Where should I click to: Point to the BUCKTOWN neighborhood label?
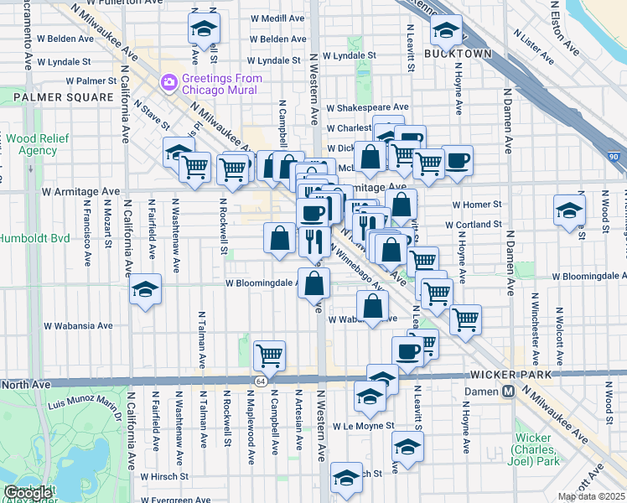pos(457,53)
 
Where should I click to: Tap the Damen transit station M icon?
pos(508,392)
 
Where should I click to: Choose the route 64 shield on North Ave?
pos(262,381)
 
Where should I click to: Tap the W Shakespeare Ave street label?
pos(367,107)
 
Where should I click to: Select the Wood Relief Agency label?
pos(31,144)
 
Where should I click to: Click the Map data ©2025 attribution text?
pos(592,496)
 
